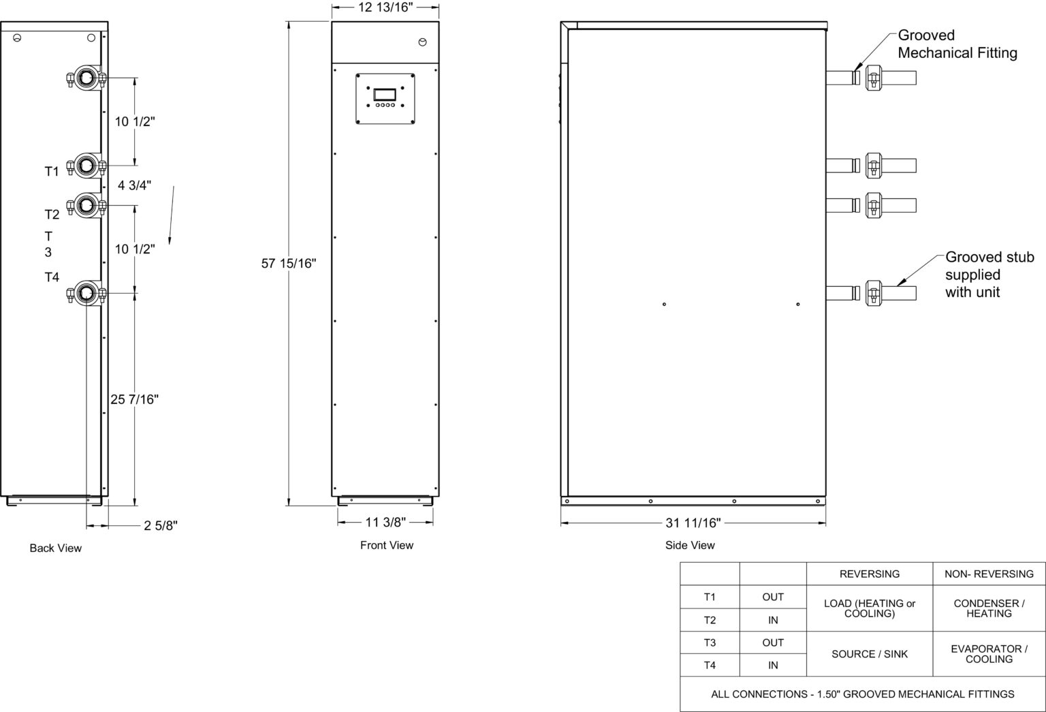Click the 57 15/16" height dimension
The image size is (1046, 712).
point(289,264)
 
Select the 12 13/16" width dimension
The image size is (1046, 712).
point(385,7)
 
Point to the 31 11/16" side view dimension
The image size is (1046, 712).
point(693,523)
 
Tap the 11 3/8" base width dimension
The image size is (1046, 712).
point(385,522)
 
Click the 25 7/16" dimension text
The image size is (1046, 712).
point(134,399)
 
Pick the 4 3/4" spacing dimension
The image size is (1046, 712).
point(134,185)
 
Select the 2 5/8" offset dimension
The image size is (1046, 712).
point(161,525)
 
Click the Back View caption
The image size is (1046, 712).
point(56,548)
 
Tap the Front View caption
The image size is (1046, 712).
point(387,545)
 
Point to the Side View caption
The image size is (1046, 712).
point(690,545)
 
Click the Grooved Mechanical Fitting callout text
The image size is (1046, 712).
point(957,44)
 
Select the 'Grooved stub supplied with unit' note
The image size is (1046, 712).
point(989,275)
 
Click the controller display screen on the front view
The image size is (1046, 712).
point(384,95)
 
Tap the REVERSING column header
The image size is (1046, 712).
point(870,574)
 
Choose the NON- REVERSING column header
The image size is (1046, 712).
point(989,574)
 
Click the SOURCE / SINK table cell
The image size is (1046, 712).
point(870,654)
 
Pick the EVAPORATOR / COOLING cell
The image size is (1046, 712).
point(989,654)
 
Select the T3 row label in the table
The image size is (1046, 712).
point(710,643)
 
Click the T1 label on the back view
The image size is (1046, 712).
point(52,172)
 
